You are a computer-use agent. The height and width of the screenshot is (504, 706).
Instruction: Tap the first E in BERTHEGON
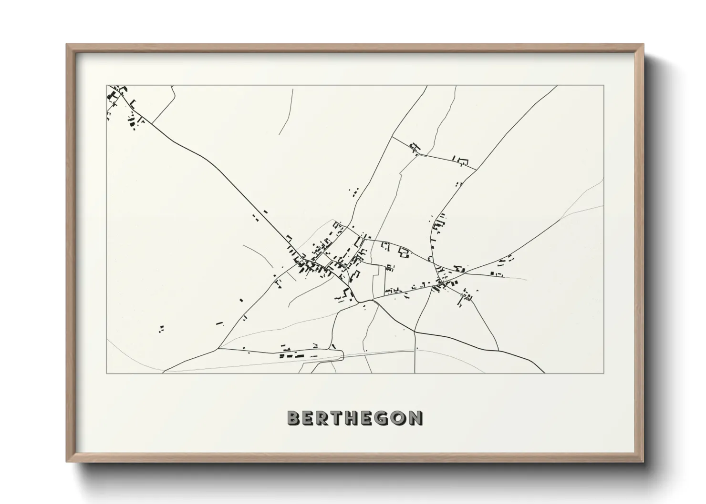309,418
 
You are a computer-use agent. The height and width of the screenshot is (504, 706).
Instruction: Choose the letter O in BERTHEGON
399,418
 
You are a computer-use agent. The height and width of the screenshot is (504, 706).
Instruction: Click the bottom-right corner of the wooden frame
644,462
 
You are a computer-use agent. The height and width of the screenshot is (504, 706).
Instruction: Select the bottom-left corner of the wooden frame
67,462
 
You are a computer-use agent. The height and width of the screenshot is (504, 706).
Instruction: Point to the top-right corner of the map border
604,85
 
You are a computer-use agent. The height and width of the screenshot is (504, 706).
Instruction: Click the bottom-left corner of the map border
106,373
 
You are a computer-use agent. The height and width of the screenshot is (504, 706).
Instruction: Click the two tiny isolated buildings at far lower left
161,328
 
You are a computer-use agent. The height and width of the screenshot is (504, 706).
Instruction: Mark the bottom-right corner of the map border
604,373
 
